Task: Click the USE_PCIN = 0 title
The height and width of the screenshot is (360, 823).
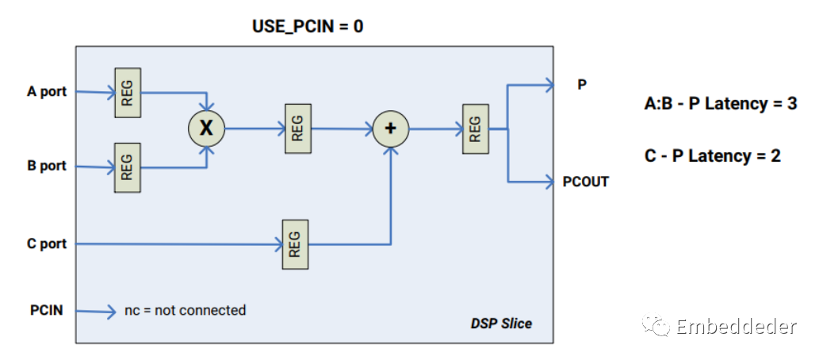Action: point(308,26)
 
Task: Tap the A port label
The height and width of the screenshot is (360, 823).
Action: point(47,91)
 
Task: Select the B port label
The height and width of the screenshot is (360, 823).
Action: point(47,166)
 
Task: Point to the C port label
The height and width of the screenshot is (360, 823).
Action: point(47,243)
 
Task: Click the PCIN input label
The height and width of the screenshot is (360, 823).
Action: point(46,310)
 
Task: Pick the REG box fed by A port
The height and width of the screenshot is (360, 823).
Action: point(128,94)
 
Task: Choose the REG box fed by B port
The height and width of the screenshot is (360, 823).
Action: point(128,167)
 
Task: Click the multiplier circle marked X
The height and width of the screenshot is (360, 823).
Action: point(206,128)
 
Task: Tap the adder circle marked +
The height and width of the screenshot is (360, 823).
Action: point(390,128)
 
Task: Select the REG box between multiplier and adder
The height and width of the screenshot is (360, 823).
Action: point(297,128)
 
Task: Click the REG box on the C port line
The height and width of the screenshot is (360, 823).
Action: point(295,243)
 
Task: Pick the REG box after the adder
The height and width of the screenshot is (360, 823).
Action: point(474,128)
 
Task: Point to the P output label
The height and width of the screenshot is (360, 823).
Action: point(582,84)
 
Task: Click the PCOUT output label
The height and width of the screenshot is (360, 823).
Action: point(586,182)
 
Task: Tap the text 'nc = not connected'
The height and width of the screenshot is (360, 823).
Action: point(186,310)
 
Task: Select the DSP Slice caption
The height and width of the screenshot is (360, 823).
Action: point(501,324)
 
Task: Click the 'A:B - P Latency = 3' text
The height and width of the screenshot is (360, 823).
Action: point(720,104)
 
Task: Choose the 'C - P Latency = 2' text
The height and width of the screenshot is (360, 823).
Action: point(713,156)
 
